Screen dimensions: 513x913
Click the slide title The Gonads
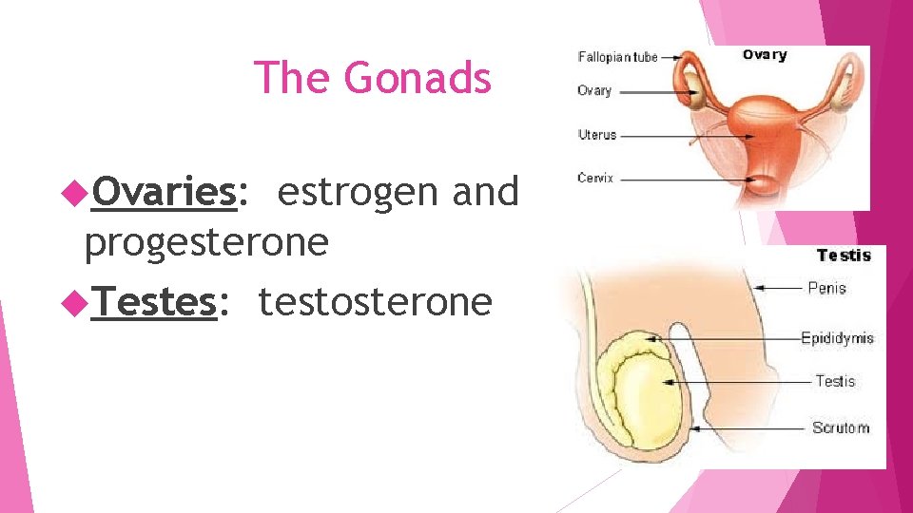pyautogui.click(x=373, y=77)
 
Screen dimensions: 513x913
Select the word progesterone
pyautogui.click(x=206, y=243)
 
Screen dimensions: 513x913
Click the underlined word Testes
pyautogui.click(x=154, y=302)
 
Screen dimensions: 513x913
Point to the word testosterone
pyautogui.click(x=375, y=302)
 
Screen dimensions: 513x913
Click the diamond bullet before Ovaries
pyautogui.click(x=75, y=193)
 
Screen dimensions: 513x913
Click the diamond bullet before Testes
pyautogui.click(x=75, y=303)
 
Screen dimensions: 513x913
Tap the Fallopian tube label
pyautogui.click(x=617, y=57)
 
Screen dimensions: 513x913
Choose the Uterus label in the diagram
pyautogui.click(x=597, y=135)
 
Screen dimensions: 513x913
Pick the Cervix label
pyautogui.click(x=594, y=178)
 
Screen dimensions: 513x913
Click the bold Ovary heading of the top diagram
pyautogui.click(x=765, y=55)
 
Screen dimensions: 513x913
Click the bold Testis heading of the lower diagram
pyautogui.click(x=844, y=255)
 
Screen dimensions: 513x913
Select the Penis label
pyautogui.click(x=826, y=287)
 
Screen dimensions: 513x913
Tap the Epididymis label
pyautogui.click(x=837, y=337)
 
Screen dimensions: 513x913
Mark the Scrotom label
pyautogui.click(x=841, y=427)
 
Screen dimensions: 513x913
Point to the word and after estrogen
pyautogui.click(x=485, y=193)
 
